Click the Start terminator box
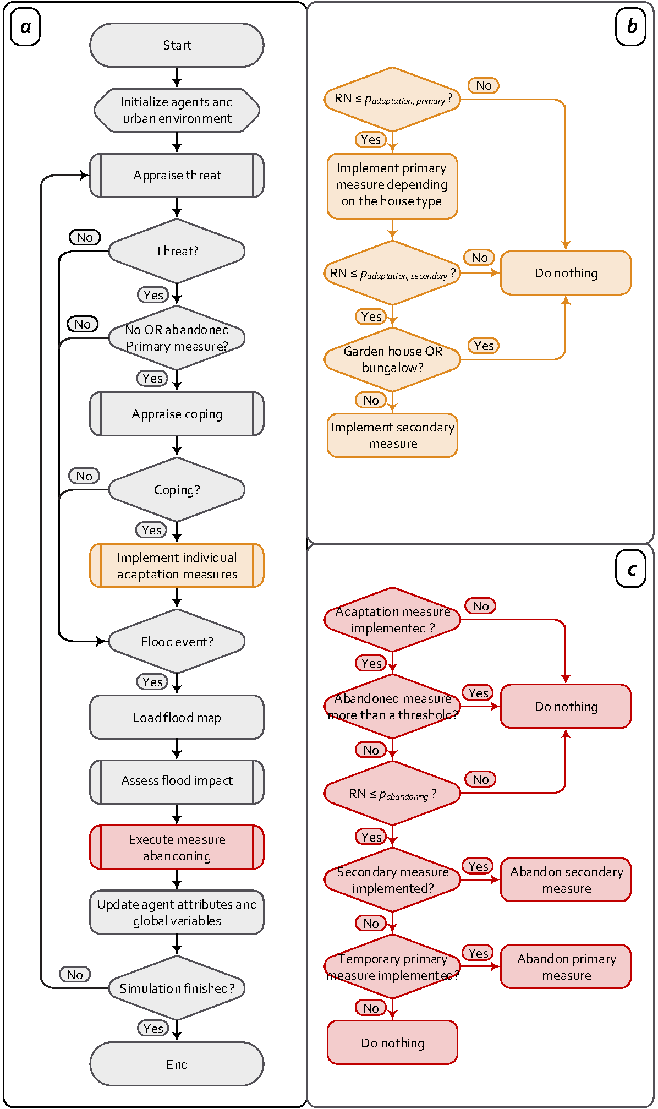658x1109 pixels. tap(177, 45)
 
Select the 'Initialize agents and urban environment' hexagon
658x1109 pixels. tap(177, 110)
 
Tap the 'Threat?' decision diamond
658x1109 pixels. tap(177, 251)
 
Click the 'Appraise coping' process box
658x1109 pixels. tap(177, 414)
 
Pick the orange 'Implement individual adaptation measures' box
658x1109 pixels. tap(177, 565)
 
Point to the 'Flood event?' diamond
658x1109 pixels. tap(177, 641)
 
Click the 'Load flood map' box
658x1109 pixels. tap(177, 717)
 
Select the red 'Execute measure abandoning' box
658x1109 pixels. tap(177, 847)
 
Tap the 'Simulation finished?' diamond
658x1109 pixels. tap(177, 988)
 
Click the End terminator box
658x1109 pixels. tap(177, 1064)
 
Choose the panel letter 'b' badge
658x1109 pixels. tap(630, 26)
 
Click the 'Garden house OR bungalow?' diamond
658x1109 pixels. tap(392, 359)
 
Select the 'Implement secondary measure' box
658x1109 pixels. tap(392, 435)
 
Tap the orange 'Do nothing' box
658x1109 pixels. tap(566, 273)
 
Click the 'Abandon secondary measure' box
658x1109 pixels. tap(566, 879)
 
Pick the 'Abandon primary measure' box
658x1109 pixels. tap(566, 966)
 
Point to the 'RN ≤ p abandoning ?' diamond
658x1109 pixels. tap(392, 793)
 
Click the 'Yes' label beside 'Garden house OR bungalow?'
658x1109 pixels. tap(484, 346)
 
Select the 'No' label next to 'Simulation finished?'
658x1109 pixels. tap(75, 974)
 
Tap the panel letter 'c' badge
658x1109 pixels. tap(630, 570)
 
